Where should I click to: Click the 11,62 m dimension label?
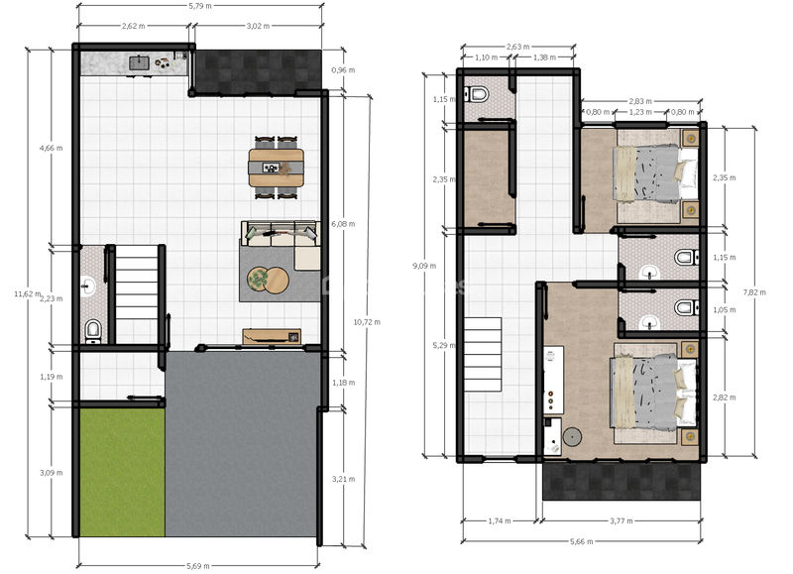click(28, 294)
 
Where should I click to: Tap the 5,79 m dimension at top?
click(200, 6)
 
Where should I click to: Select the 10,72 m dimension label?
click(367, 322)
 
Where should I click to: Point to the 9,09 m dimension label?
click(424, 266)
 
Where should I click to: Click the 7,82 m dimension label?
click(754, 292)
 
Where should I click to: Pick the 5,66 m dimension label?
click(582, 541)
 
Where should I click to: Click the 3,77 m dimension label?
click(622, 520)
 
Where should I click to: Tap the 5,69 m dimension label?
click(197, 566)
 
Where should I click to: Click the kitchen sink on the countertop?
click(139, 63)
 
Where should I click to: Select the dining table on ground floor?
click(277, 168)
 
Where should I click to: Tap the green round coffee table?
click(259, 279)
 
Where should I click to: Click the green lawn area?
click(122, 472)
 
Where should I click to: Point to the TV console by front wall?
click(272, 337)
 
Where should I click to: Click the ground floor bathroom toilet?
click(93, 331)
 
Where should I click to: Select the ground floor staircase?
click(137, 294)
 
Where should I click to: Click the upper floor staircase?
click(483, 355)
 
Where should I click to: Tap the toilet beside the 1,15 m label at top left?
click(477, 94)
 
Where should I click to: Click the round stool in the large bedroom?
click(572, 437)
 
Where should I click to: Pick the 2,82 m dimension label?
click(725, 398)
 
